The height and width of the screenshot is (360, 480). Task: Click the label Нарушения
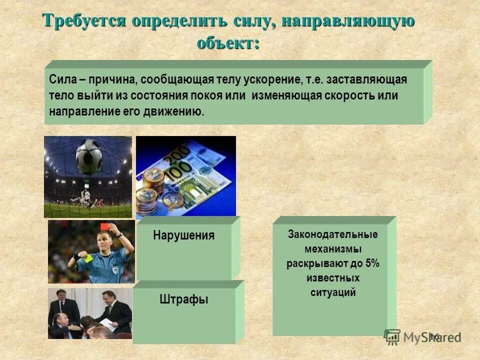pyautogui.click(x=183, y=235)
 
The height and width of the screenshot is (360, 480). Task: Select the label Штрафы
pyautogui.click(x=183, y=299)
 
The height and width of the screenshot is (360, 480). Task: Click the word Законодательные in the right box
pyautogui.click(x=332, y=234)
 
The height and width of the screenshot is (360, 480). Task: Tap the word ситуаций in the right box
pyautogui.click(x=332, y=292)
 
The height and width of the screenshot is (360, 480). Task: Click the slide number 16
pyautogui.click(x=433, y=336)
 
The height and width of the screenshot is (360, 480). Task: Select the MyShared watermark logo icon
pyautogui.click(x=392, y=336)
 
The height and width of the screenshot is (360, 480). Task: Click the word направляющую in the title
pyautogui.click(x=347, y=21)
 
